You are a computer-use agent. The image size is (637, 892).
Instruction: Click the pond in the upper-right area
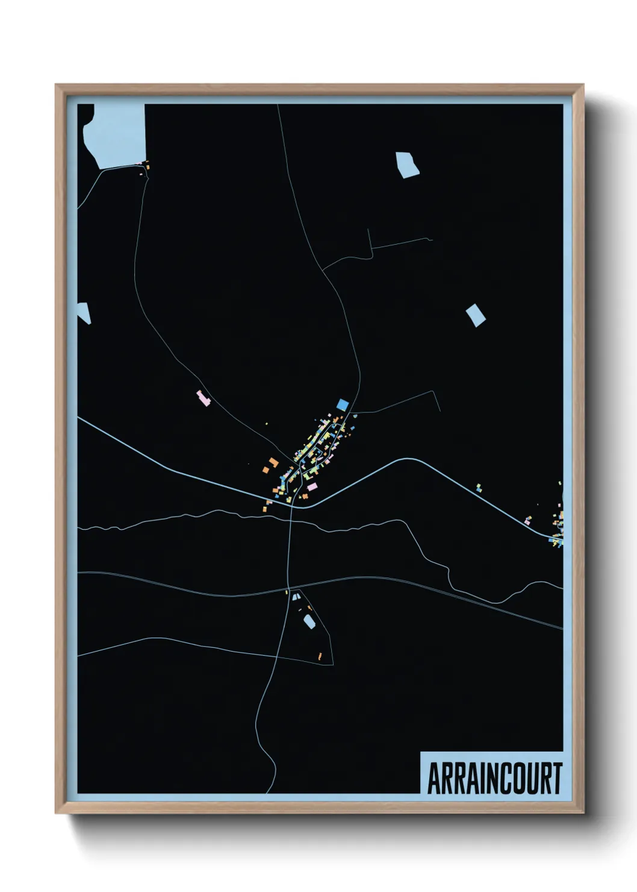click(x=407, y=164)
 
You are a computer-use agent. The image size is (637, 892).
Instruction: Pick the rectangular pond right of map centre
click(x=476, y=315)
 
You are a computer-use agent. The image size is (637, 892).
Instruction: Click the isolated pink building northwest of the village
click(x=204, y=398)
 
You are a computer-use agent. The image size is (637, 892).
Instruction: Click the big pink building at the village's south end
click(x=312, y=486)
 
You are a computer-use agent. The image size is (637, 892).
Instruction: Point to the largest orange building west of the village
click(x=274, y=462)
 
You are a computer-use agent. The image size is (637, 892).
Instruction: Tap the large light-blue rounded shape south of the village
click(x=309, y=621)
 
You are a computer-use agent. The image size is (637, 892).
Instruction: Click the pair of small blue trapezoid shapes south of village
click(x=296, y=597)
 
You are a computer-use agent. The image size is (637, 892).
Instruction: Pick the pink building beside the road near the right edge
click(x=528, y=521)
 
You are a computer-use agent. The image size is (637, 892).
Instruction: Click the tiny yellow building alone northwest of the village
click(x=267, y=424)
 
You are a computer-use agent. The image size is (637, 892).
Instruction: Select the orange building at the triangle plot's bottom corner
click(x=320, y=655)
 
